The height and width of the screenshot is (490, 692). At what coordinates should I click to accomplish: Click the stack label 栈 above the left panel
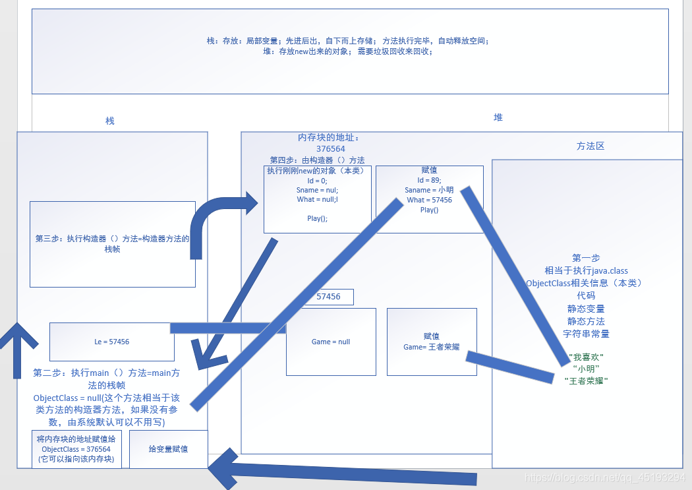[110, 121]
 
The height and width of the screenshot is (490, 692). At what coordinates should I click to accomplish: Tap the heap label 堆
[498, 117]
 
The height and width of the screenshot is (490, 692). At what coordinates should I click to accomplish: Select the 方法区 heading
[590, 146]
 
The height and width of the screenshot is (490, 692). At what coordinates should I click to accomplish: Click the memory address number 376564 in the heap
[331, 149]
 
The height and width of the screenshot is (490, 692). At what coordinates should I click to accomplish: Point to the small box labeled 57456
[328, 297]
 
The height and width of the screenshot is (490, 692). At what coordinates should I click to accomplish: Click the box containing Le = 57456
[112, 342]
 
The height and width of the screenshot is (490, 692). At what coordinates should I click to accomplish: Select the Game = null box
[331, 342]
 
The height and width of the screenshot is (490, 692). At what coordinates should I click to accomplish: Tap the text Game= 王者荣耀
[431, 347]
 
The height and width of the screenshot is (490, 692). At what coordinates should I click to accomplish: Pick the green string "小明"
[587, 369]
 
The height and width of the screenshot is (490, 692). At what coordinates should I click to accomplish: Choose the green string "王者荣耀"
[587, 381]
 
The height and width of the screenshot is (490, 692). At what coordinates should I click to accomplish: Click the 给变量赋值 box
[168, 449]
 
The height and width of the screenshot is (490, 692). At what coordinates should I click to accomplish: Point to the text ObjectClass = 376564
[76, 449]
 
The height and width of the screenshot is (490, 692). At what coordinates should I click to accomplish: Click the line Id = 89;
[430, 180]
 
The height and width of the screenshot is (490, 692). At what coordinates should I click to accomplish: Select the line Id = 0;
[317, 180]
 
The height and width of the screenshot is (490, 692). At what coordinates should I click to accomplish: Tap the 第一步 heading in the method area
[586, 258]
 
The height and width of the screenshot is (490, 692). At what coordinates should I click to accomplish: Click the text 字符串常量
[586, 334]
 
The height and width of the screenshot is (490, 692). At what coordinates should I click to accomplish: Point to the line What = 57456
[430, 200]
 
